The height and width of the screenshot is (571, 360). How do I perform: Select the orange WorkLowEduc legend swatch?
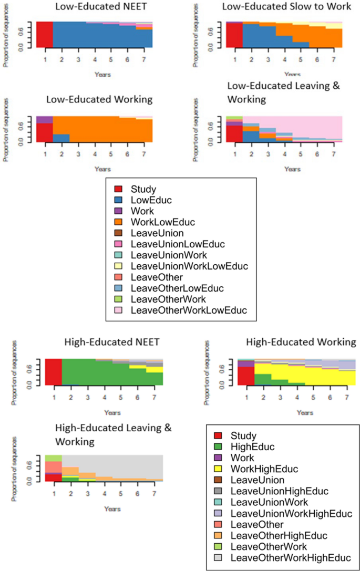pyautogui.click(x=118, y=223)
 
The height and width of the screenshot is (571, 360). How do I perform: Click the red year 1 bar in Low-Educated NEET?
pyautogui.click(x=45, y=35)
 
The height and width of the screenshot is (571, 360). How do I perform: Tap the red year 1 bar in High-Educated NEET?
pyautogui.click(x=54, y=372)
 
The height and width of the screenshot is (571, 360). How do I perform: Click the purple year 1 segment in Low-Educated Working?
pyautogui.click(x=45, y=119)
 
